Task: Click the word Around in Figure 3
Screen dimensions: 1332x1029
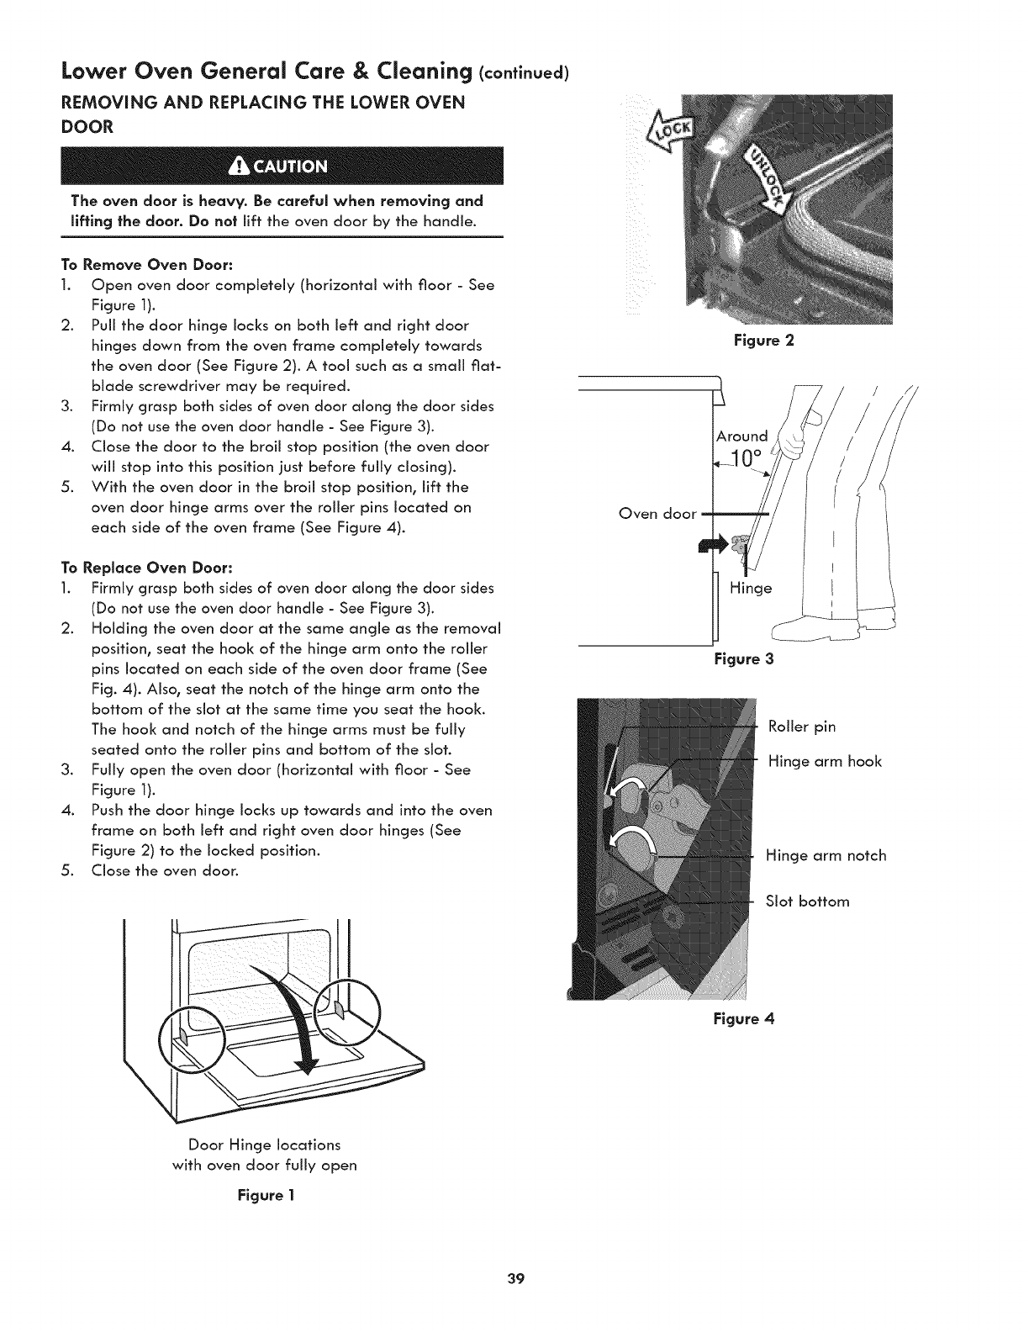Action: point(741,436)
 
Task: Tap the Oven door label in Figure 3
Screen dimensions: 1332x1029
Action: point(657,513)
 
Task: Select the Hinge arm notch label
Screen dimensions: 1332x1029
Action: point(826,856)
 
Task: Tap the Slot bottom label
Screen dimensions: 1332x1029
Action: point(807,901)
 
